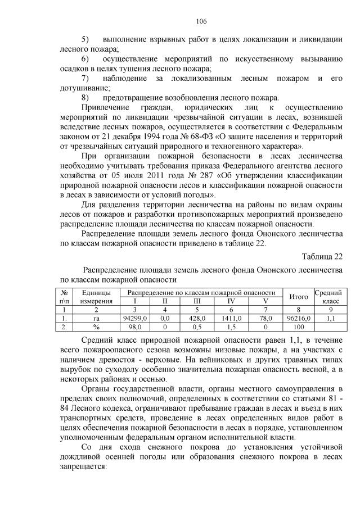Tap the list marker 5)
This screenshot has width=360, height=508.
[85, 40]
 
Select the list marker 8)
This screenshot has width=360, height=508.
[85, 98]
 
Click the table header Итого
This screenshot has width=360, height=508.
[298, 297]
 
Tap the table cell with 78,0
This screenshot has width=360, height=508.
[265, 317]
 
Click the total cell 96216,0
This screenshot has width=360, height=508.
[298, 317]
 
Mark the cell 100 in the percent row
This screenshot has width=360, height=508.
[298, 326]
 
